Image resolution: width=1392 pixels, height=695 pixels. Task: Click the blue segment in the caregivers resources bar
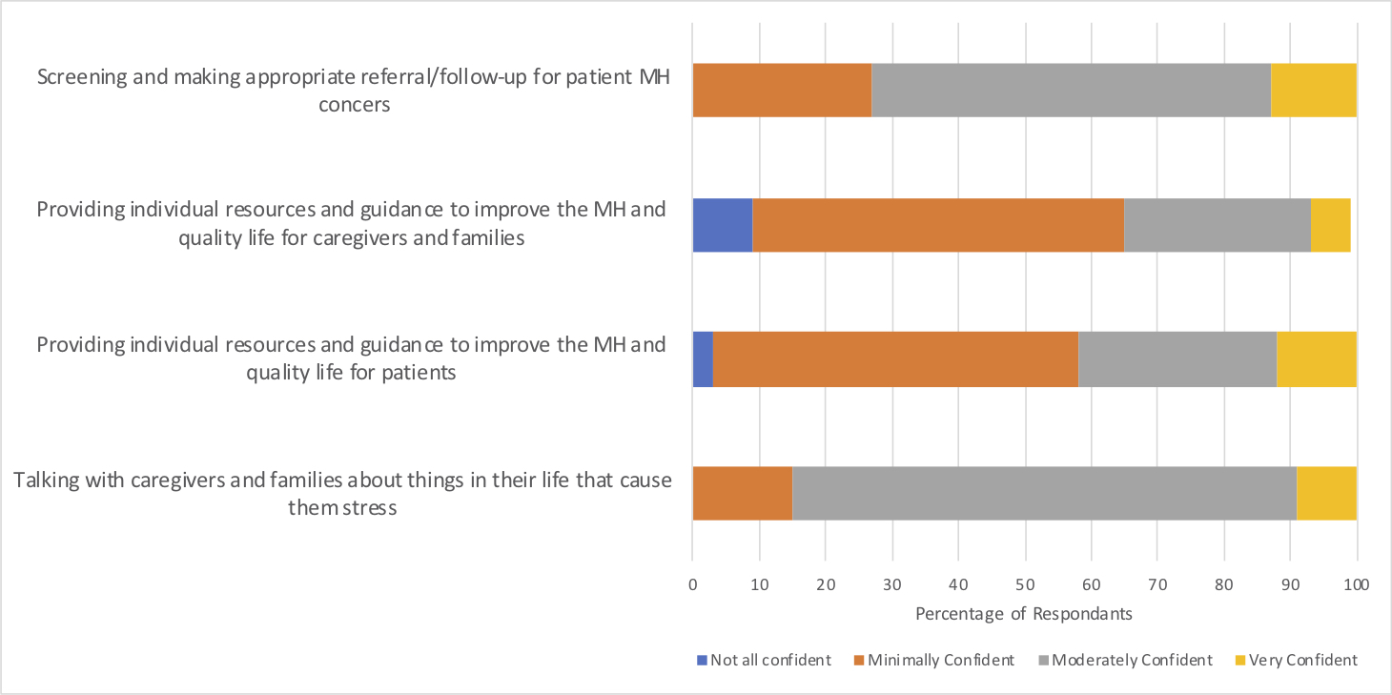point(722,225)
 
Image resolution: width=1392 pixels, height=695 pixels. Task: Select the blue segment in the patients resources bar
point(702,359)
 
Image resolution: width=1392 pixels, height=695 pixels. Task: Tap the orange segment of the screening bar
point(782,91)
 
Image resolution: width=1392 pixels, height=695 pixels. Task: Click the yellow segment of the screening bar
point(1313,91)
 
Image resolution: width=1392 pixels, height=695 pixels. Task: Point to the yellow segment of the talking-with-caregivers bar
point(1326,494)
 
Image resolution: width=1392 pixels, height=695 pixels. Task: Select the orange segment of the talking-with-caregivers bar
point(742,494)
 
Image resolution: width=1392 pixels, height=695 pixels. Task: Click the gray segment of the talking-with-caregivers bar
point(1044,494)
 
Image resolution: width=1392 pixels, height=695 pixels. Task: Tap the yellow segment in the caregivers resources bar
point(1330,225)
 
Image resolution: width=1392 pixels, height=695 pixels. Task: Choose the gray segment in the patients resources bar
point(1177,359)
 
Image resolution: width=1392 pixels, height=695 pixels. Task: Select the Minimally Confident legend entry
point(940,660)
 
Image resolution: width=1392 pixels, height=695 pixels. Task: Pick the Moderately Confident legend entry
point(1132,660)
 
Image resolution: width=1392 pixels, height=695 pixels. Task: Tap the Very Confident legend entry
point(1302,660)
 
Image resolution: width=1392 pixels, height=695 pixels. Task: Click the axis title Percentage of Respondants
point(1024,614)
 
